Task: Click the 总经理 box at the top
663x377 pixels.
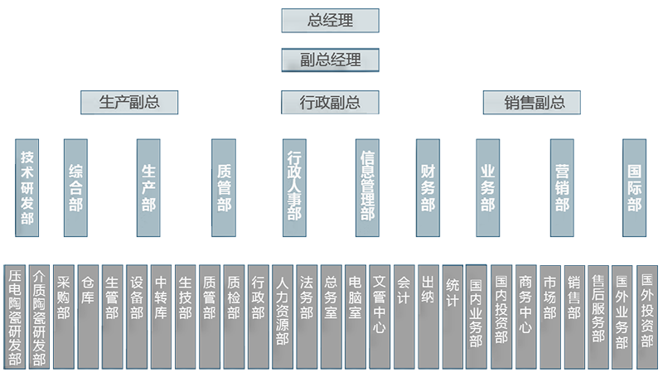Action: pyautogui.click(x=331, y=20)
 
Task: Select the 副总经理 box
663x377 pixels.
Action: pyautogui.click(x=331, y=60)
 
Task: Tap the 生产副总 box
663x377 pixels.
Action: pyautogui.click(x=129, y=102)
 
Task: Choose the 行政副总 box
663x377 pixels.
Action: pyautogui.click(x=330, y=102)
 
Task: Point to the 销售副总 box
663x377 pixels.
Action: pyautogui.click(x=535, y=102)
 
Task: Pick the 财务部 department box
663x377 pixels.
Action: pyautogui.click(x=428, y=187)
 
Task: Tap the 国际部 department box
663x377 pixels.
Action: pyautogui.click(x=635, y=187)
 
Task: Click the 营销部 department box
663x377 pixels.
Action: pyautogui.click(x=562, y=187)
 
